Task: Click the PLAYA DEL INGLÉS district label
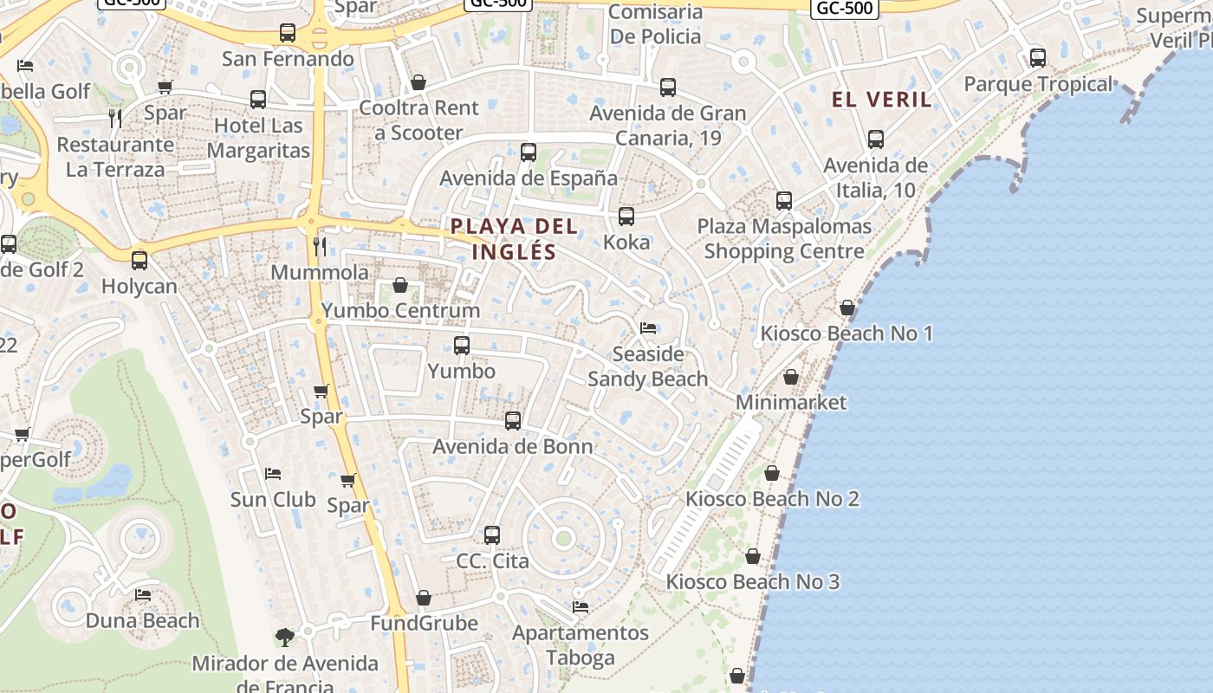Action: (513, 239)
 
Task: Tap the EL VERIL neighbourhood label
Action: (882, 100)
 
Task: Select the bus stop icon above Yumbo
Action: (462, 346)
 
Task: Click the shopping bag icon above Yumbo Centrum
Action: (400, 285)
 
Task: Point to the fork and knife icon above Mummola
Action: (320, 247)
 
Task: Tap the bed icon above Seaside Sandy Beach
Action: (647, 328)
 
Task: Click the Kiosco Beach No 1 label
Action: (847, 334)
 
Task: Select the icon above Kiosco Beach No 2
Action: (771, 473)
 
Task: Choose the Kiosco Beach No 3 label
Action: (752, 581)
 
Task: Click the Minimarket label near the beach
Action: (791, 402)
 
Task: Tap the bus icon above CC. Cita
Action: (492, 535)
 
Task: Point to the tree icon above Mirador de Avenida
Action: (284, 638)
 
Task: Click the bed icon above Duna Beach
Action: (143, 595)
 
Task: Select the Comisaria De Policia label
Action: (655, 24)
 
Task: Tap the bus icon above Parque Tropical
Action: (1038, 58)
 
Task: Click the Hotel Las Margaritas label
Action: (259, 138)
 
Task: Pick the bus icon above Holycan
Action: (139, 260)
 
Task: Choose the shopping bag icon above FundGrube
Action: (424, 598)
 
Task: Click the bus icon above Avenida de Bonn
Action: (513, 421)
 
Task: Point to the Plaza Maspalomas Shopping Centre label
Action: (784, 238)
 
